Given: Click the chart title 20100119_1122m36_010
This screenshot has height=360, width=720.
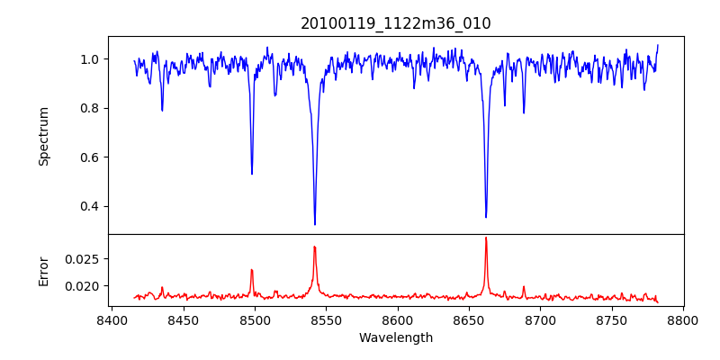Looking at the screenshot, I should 396,23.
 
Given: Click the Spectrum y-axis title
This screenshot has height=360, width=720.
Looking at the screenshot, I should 44,136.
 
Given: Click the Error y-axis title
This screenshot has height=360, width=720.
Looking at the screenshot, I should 44,270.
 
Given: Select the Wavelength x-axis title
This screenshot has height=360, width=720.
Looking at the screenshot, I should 396,338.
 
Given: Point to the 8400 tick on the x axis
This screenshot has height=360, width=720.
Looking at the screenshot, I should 112,319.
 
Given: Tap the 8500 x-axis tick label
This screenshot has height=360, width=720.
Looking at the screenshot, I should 255,319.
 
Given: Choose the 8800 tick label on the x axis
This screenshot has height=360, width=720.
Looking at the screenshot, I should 683,319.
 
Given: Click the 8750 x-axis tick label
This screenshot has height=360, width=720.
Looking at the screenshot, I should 612,319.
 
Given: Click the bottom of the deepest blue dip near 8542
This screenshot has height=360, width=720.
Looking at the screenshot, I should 315,224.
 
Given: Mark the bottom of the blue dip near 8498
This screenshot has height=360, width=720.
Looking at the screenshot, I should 252,174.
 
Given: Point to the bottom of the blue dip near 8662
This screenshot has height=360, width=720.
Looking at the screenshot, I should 486,217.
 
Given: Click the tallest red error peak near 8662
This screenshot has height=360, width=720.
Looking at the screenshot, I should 486,238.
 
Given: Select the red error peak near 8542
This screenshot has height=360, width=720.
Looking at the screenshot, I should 314,247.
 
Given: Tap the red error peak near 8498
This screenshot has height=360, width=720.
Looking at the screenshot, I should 252,270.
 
